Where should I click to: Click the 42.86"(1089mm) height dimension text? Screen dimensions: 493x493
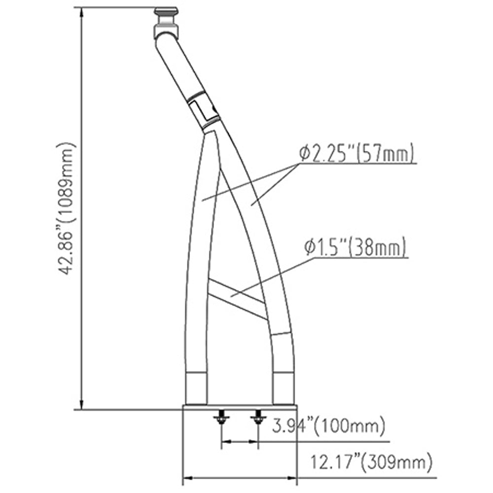click(68, 208)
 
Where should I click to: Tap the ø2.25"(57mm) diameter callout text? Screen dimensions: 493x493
click(356, 155)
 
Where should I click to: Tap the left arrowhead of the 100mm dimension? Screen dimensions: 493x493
click(225, 443)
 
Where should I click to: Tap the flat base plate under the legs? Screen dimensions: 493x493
click(240, 407)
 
